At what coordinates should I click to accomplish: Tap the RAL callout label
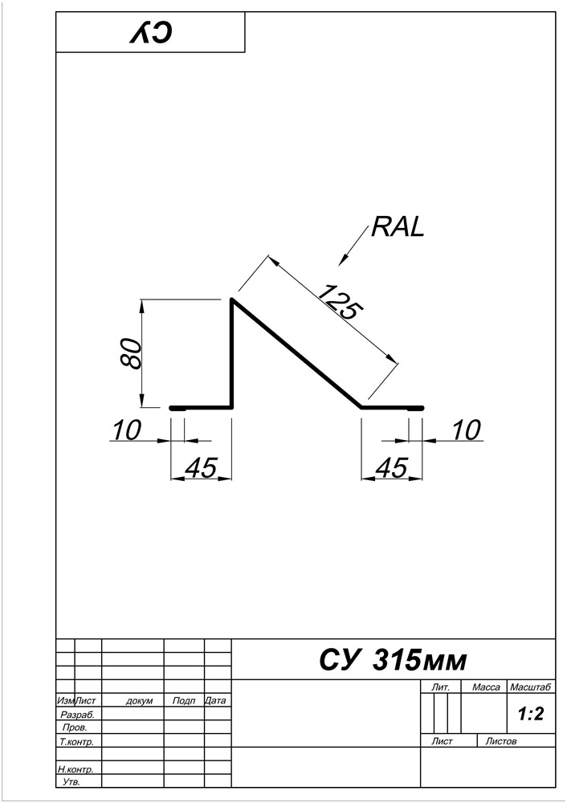(397, 228)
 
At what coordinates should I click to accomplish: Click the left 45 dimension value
(201, 468)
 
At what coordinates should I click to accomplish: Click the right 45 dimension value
(390, 468)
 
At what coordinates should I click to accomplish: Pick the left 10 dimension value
(126, 430)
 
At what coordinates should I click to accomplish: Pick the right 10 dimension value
(465, 430)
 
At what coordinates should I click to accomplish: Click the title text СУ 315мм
(392, 660)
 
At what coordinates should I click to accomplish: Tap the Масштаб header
(530, 687)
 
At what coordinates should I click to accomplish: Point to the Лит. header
(440, 687)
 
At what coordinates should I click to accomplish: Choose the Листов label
(502, 741)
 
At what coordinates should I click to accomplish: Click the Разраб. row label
(77, 714)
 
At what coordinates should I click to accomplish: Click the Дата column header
(215, 701)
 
